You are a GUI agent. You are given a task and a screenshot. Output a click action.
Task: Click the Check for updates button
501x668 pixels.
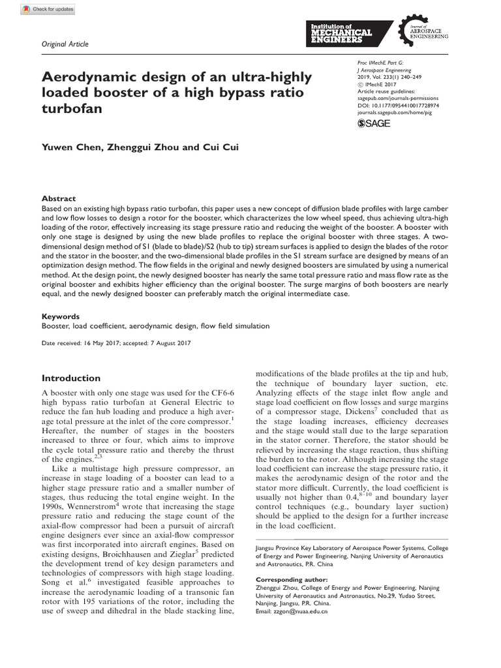pyautogui.click(x=48, y=9)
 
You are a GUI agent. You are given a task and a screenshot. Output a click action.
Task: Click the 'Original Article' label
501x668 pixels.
pyautogui.click(x=65, y=44)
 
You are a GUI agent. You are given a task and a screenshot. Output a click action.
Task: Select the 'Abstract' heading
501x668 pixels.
pyautogui.click(x=59, y=198)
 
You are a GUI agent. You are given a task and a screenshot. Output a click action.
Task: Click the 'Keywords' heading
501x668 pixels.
pyautogui.click(x=61, y=316)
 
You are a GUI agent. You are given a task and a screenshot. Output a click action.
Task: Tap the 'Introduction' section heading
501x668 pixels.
pyautogui.click(x=71, y=378)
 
